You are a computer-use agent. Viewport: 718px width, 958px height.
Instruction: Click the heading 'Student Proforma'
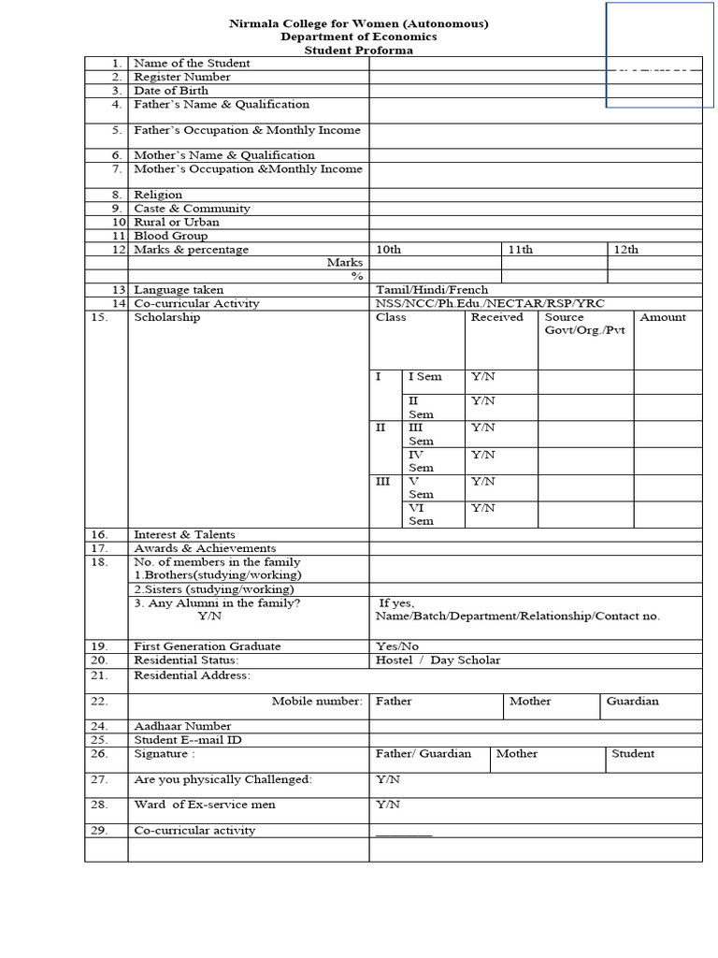coord(359,51)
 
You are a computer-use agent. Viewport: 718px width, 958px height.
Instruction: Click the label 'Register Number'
coord(182,77)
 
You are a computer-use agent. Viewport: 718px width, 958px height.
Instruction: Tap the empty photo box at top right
coord(660,54)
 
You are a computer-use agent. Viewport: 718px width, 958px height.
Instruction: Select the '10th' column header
coord(388,250)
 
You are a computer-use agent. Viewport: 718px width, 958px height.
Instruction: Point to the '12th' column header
coord(625,250)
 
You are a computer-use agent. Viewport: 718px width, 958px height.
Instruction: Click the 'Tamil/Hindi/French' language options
coord(432,290)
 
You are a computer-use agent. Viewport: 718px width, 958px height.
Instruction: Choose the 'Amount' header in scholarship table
coord(663,317)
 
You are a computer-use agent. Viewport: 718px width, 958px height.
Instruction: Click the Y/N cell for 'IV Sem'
coord(482,455)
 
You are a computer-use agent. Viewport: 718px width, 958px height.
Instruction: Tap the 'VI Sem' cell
coord(421,515)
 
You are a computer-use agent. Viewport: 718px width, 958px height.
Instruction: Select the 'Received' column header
coord(496,317)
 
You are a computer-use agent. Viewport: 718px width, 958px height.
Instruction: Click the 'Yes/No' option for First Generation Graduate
coord(397,646)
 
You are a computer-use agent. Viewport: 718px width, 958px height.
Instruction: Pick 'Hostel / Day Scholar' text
coord(438,660)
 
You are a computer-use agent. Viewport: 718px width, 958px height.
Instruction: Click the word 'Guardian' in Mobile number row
coord(632,701)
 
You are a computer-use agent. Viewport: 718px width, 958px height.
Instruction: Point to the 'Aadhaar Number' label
coord(182,726)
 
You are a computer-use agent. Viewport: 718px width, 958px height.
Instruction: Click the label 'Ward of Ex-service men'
coord(205,805)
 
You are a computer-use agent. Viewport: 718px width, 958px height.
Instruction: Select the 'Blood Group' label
coord(171,237)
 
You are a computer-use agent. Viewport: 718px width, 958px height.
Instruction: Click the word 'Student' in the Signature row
coord(633,753)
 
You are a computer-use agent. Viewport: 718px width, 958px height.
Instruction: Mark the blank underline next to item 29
coord(404,833)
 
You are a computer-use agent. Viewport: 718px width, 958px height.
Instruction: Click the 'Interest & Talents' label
coord(184,535)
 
